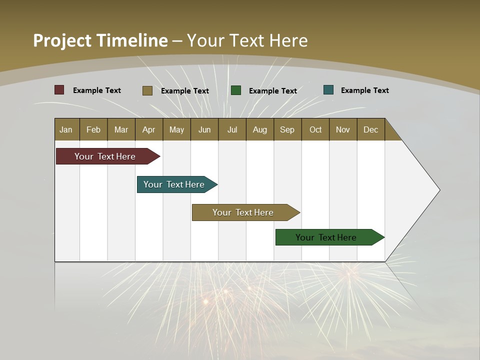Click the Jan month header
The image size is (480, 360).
pos(66,129)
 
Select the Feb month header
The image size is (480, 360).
pos(93,129)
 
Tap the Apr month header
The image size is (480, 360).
pos(148,129)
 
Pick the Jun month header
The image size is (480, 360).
pos(204,129)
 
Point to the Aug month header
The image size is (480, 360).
pos(259,129)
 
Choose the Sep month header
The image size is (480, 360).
pos(287,129)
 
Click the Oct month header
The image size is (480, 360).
pos(315,129)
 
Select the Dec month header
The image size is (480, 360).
pos(370,129)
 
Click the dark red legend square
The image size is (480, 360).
pos(59,90)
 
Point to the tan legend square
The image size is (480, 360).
pos(147,90)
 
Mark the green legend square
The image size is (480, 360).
pos(236,90)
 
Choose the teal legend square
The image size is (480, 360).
pos(328,90)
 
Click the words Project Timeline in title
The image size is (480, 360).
pos(100,40)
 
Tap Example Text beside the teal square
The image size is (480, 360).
pos(364,90)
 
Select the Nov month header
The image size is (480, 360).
pos(343,129)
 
